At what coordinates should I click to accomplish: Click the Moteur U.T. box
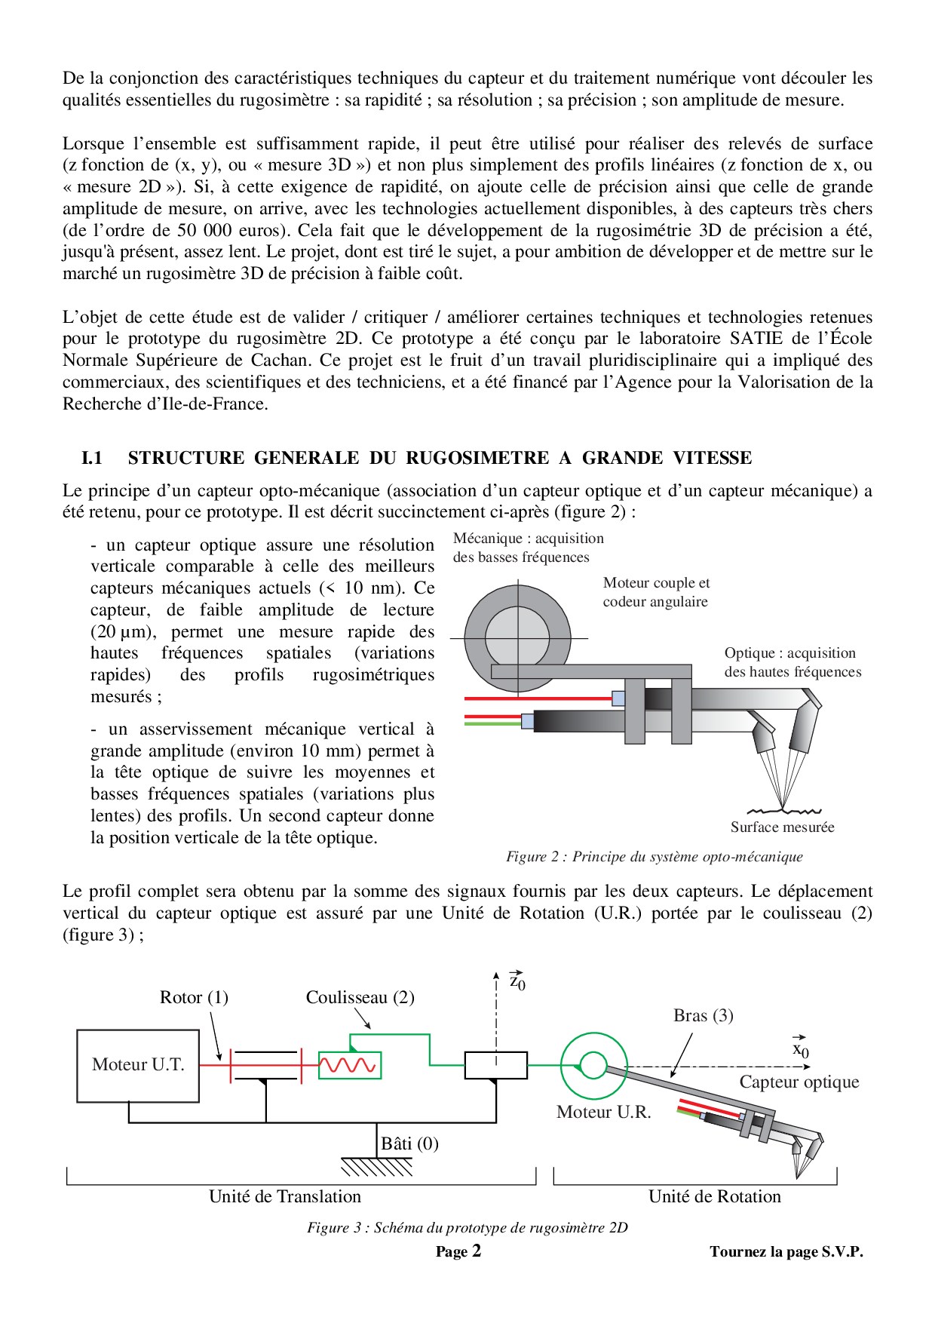coord(138,1065)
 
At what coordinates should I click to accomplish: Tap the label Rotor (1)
coord(194,998)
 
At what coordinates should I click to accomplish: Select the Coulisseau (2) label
coord(360,998)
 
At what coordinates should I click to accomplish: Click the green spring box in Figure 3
coord(350,1065)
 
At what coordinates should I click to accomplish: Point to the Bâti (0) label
coord(409,1144)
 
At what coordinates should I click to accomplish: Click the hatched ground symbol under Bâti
coord(377,1168)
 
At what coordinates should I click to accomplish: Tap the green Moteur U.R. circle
coord(593,1066)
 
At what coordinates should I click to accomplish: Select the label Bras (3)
coord(703,1016)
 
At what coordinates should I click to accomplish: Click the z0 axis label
coord(517,981)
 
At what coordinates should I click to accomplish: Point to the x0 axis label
coord(800,1049)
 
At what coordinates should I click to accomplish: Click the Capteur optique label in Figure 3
coord(799,1082)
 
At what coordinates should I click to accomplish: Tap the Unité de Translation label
coord(285,1197)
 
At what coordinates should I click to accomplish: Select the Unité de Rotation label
coord(714,1197)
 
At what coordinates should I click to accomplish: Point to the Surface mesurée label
coord(782,827)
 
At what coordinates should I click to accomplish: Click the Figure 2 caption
coord(654,857)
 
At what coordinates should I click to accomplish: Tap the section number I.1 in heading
coord(92,458)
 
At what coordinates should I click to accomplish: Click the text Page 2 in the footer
coord(458,1252)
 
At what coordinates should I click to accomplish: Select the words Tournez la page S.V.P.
coord(786,1252)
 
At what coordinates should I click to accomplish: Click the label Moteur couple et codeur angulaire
coord(656,592)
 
